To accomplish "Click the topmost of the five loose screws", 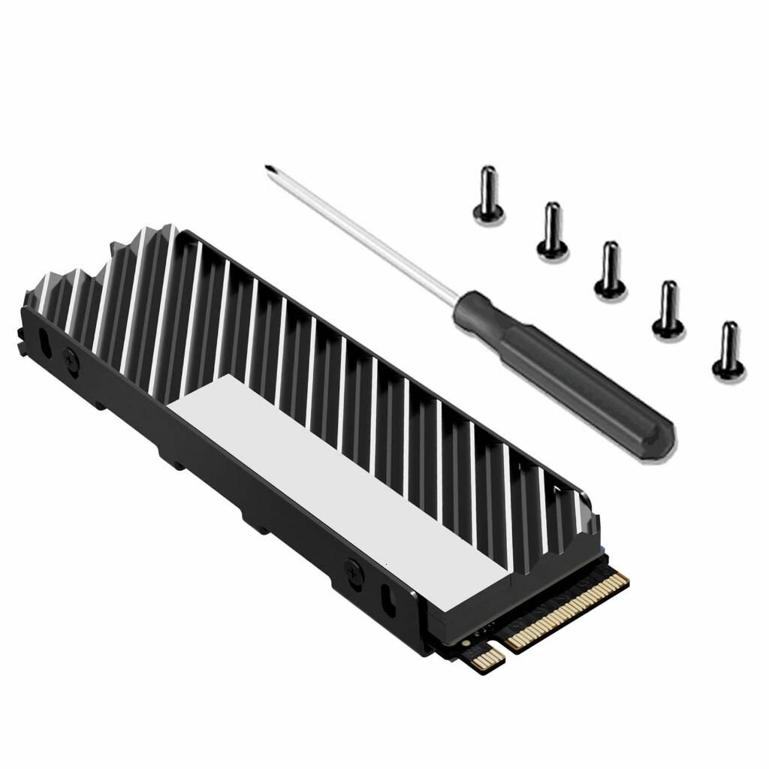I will point(488,195).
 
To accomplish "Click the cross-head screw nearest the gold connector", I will point(351,568).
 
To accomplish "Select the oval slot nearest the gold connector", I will point(388,599).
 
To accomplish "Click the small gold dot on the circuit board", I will point(467,644).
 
